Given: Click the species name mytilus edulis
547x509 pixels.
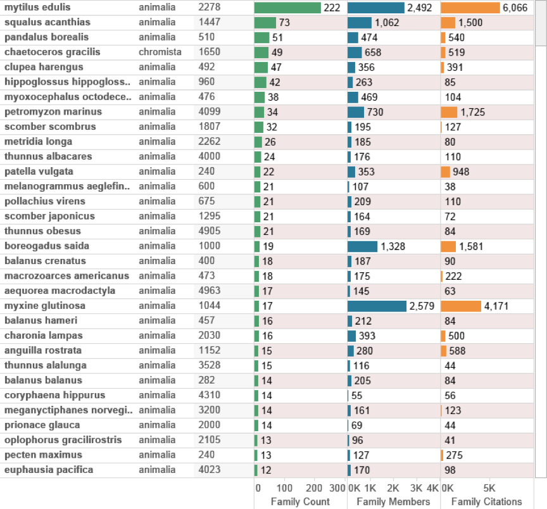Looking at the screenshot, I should [37, 8].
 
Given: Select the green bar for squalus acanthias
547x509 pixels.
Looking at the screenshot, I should [265, 23].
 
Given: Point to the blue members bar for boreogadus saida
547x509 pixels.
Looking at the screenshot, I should [362, 246].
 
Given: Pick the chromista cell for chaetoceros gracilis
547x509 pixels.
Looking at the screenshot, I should [160, 52].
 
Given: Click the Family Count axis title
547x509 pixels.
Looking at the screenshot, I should [299, 501].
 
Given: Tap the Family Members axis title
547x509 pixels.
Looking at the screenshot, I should [393, 501].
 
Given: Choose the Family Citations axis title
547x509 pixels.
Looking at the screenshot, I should [486, 501].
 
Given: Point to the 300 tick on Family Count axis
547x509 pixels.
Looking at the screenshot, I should [337, 488].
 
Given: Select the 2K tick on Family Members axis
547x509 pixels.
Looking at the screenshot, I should [393, 488].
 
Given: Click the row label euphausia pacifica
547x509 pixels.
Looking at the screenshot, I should [49, 470].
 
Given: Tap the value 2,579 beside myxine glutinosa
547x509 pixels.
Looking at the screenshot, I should [424, 306].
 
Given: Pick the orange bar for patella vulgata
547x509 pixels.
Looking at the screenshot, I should [445, 172].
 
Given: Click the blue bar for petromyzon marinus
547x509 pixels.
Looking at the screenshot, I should [356, 112].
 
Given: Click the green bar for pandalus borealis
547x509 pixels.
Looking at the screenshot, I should [261, 37].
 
